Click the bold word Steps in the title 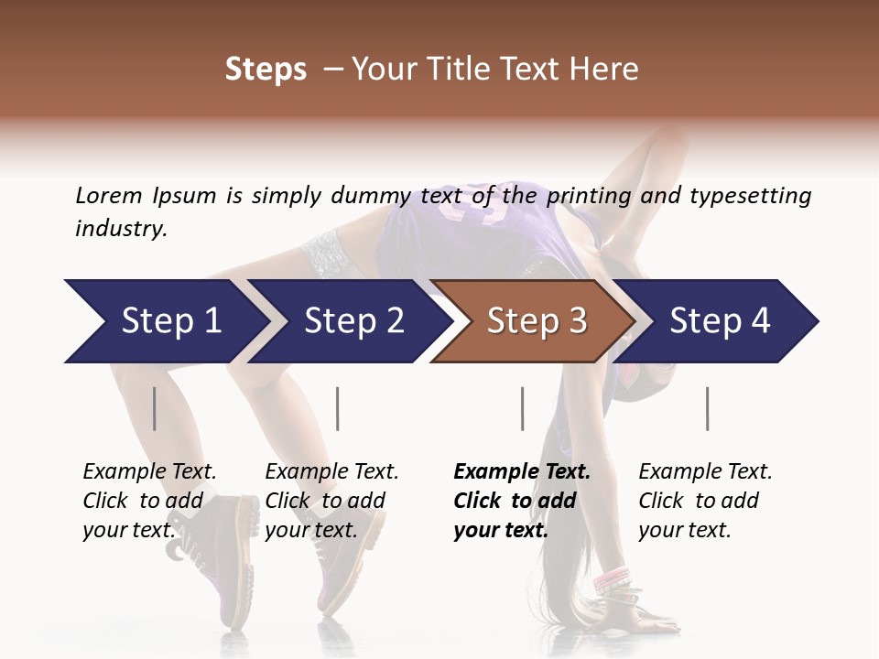pyautogui.click(x=266, y=70)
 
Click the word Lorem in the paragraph pyautogui.click(x=108, y=195)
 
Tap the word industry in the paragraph pyautogui.click(x=121, y=228)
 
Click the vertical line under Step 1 pyautogui.click(x=154, y=408)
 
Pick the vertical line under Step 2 pyautogui.click(x=338, y=408)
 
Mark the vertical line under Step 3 pyautogui.click(x=522, y=408)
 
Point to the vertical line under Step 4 pyautogui.click(x=707, y=408)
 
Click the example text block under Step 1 pyautogui.click(x=149, y=501)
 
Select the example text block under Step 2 pyautogui.click(x=331, y=501)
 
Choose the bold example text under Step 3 pyautogui.click(x=521, y=501)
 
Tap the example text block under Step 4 pyautogui.click(x=705, y=501)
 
